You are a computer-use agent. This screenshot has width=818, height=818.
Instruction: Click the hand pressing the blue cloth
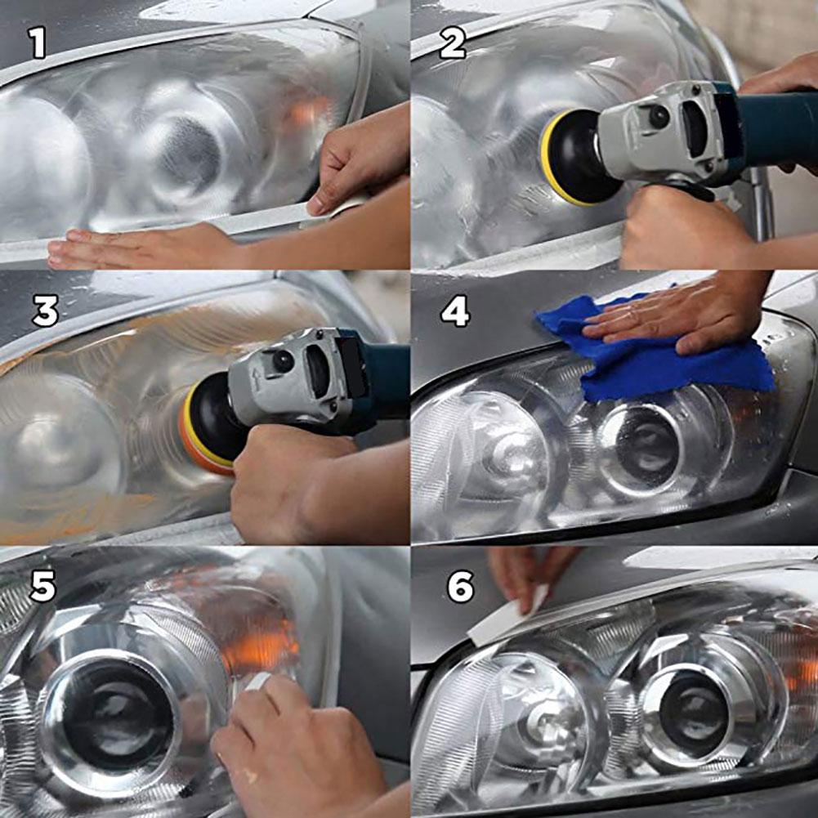[x=678, y=315]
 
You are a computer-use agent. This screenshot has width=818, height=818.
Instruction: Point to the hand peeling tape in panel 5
[x=294, y=748]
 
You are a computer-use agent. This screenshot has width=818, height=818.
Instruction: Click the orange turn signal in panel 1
[x=306, y=110]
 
